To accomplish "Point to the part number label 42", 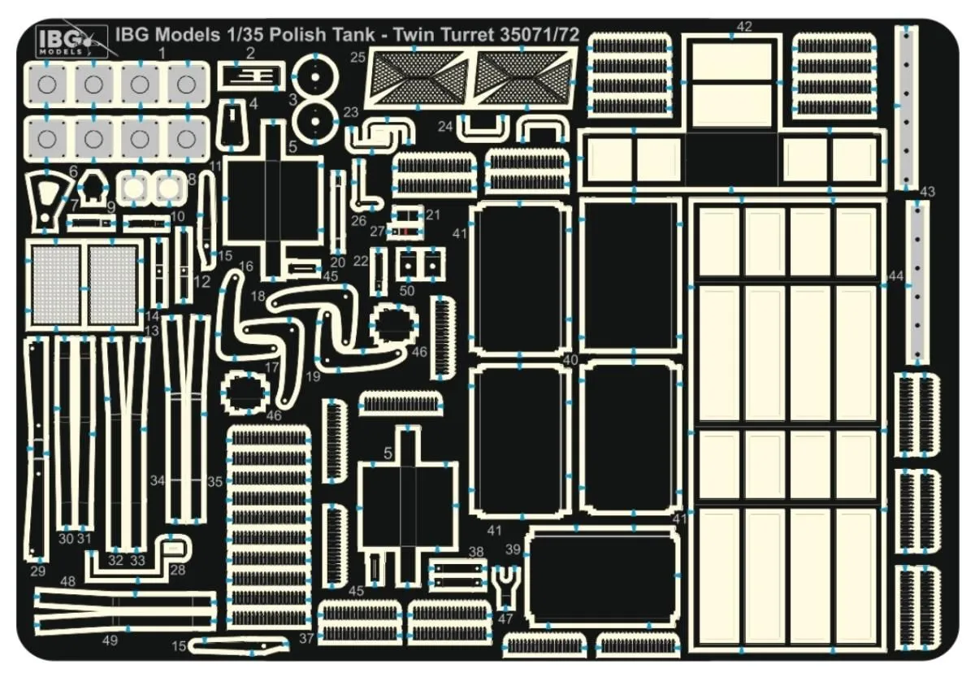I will click(x=744, y=27).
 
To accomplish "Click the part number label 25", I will click(x=357, y=57).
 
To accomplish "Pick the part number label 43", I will click(x=927, y=192).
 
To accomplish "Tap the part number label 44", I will click(x=896, y=276).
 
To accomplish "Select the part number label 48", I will click(x=67, y=581).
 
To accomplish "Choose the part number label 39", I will click(x=513, y=550).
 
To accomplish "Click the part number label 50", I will click(x=407, y=289).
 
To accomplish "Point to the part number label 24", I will click(x=444, y=127).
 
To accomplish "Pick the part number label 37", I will click(x=305, y=638).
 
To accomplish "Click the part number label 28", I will click(x=178, y=569).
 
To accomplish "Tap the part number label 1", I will click(x=162, y=53).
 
